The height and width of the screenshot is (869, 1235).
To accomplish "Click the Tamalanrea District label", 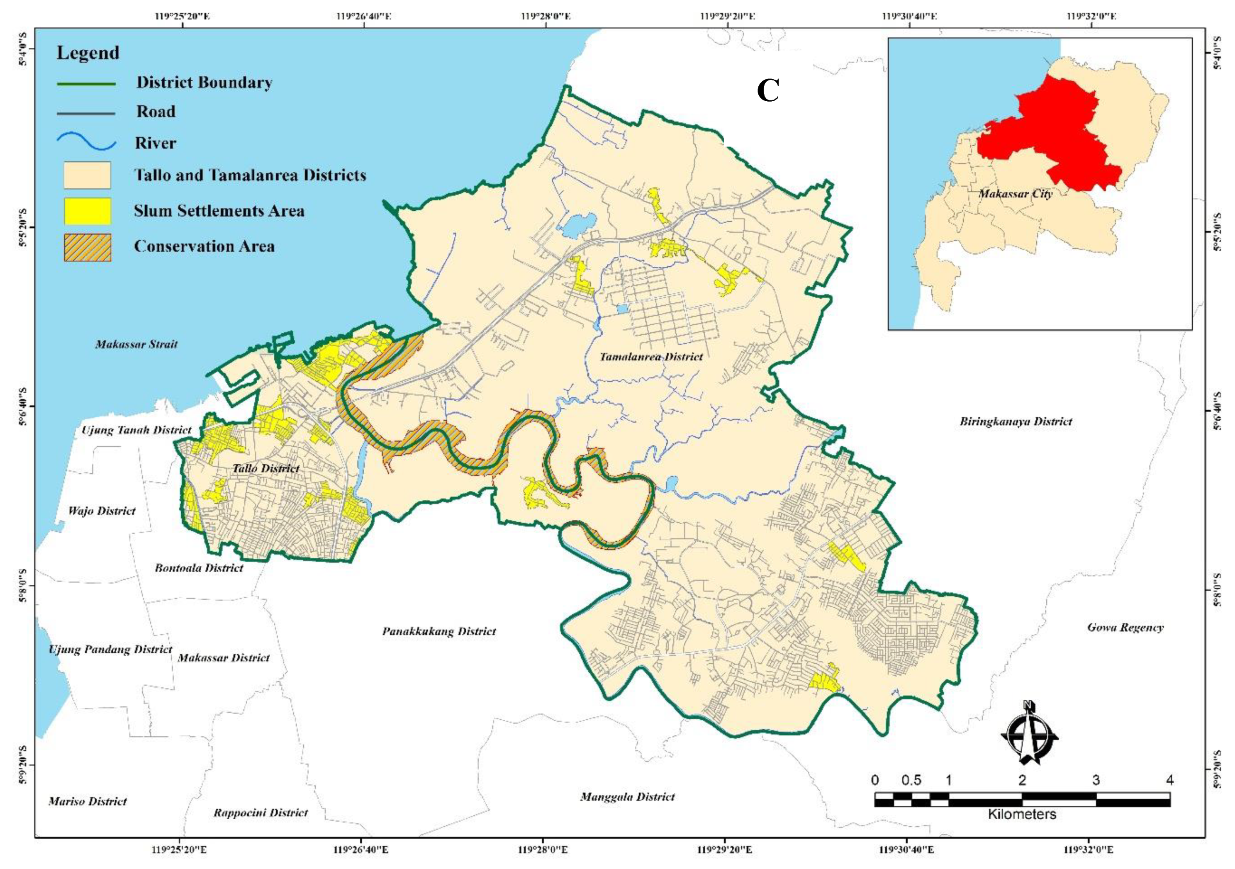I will tap(651, 357).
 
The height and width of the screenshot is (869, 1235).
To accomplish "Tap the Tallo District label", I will tap(266, 468).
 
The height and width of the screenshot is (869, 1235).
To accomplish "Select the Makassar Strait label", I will tap(136, 344).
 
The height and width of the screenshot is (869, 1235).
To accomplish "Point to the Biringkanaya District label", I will tap(1016, 421).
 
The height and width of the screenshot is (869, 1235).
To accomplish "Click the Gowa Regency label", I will tap(1125, 628).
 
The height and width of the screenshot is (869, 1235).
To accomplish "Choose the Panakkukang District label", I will tap(439, 631).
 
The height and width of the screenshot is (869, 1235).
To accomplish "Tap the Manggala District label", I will tap(627, 797).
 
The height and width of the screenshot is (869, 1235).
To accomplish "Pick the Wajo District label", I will tap(102, 511).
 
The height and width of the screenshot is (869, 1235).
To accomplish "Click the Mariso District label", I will tap(88, 801).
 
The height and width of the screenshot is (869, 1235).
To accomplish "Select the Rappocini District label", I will tap(261, 813).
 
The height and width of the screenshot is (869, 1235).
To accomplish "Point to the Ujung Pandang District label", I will tap(110, 650).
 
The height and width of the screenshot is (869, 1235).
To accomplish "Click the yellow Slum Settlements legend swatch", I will tap(87, 211).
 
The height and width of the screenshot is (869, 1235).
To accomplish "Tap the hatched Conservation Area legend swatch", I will tap(87, 247).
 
